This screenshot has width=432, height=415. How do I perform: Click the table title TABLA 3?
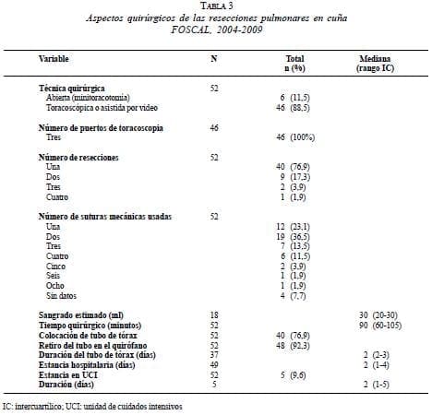coord(214,7)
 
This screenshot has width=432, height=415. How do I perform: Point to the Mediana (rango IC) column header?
coord(378,63)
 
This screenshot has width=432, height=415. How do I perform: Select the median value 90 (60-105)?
coord(378,324)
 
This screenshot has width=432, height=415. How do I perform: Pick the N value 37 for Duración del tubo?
coord(214,354)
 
